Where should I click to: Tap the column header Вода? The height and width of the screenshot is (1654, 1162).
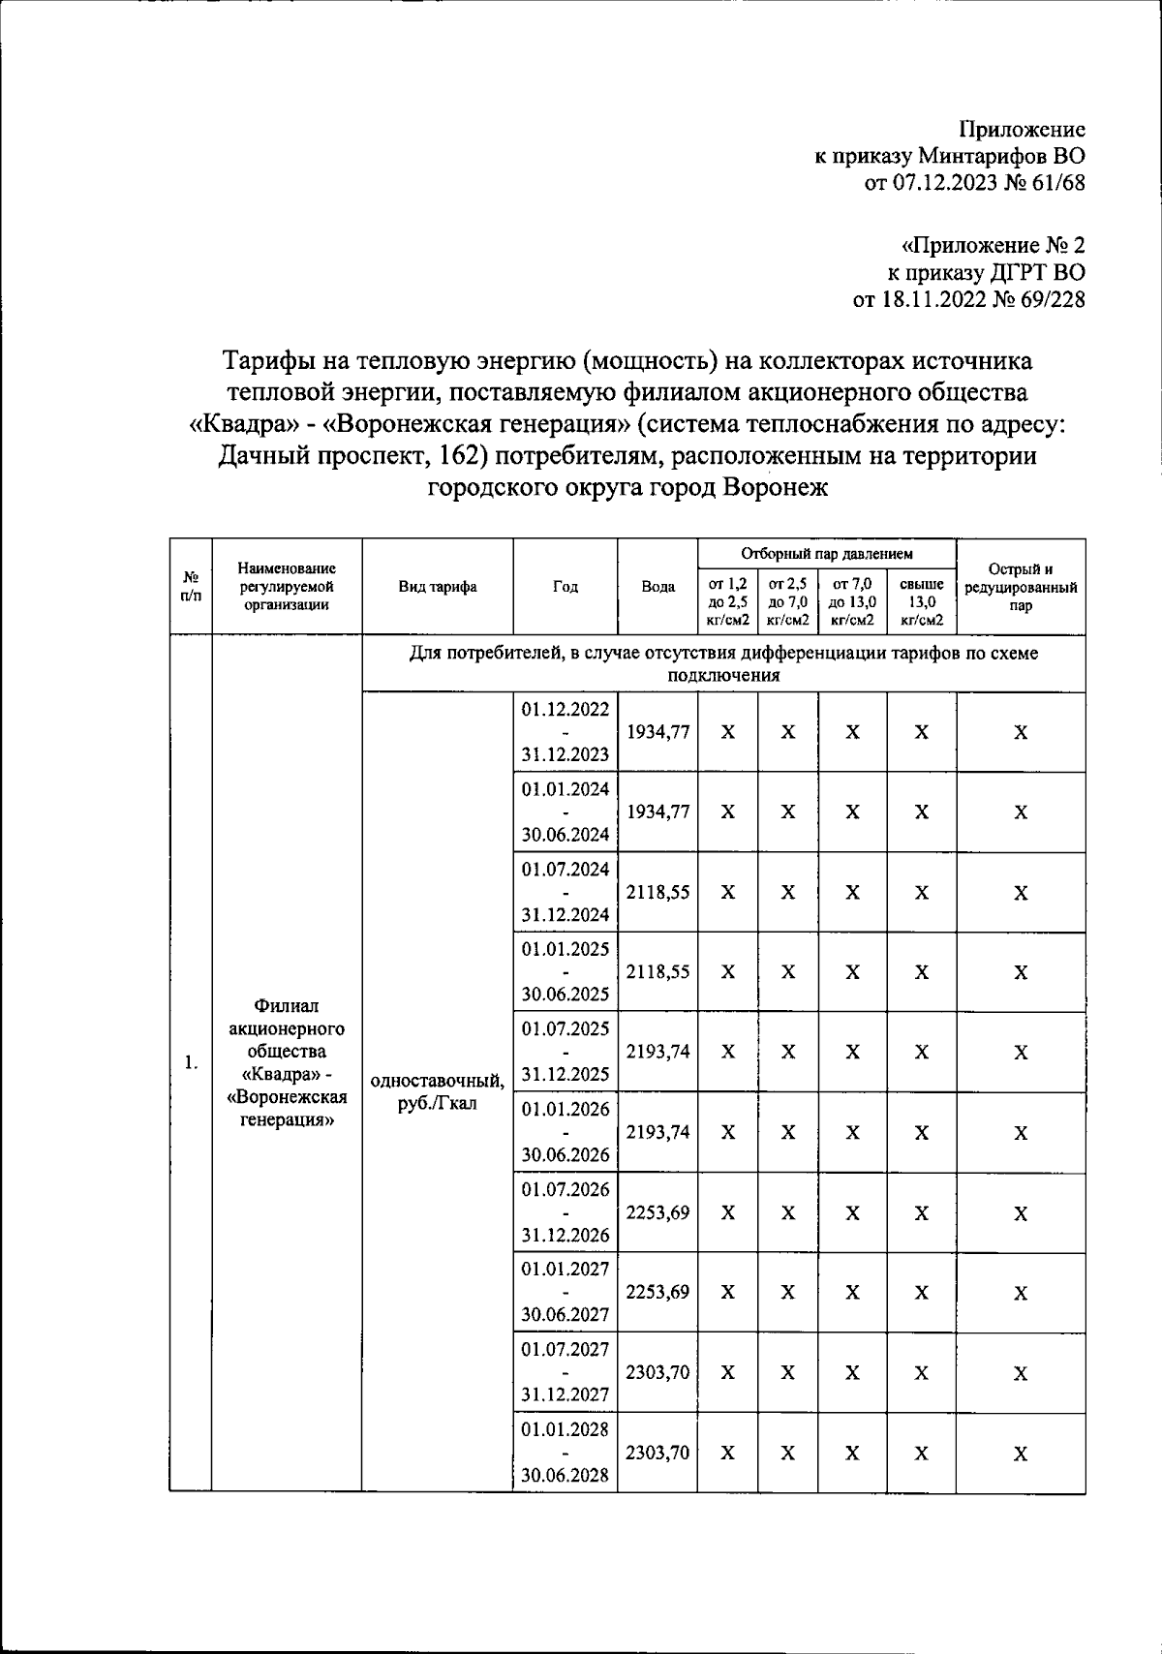tap(657, 587)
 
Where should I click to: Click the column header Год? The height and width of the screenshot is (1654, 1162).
tap(565, 587)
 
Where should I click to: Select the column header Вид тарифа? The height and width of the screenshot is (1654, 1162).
tap(437, 587)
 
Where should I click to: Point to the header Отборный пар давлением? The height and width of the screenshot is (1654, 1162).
tap(826, 554)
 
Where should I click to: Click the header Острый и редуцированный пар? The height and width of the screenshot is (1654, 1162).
tap(1020, 587)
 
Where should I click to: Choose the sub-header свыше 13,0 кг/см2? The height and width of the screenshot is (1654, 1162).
tap(921, 601)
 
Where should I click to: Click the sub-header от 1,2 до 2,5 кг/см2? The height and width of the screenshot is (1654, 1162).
tap(727, 601)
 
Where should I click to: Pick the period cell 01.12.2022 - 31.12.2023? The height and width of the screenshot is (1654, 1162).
tap(565, 732)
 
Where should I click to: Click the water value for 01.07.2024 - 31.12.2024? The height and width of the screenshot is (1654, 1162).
tap(657, 892)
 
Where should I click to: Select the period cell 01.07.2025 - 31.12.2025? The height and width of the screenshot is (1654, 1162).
tap(565, 1052)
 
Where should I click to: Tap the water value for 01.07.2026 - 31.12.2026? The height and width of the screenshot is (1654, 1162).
tap(657, 1211)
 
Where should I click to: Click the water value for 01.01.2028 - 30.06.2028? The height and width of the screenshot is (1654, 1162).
tap(657, 1452)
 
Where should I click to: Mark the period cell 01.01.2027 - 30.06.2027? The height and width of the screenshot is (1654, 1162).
tap(565, 1292)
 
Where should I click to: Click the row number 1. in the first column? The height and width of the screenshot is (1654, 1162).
tap(191, 1063)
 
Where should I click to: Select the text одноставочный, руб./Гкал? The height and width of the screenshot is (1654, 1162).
tap(437, 1091)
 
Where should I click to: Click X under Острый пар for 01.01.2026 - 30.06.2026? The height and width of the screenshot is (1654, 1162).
tap(1020, 1132)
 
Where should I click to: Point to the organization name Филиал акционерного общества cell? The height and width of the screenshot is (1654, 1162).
tap(287, 1063)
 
